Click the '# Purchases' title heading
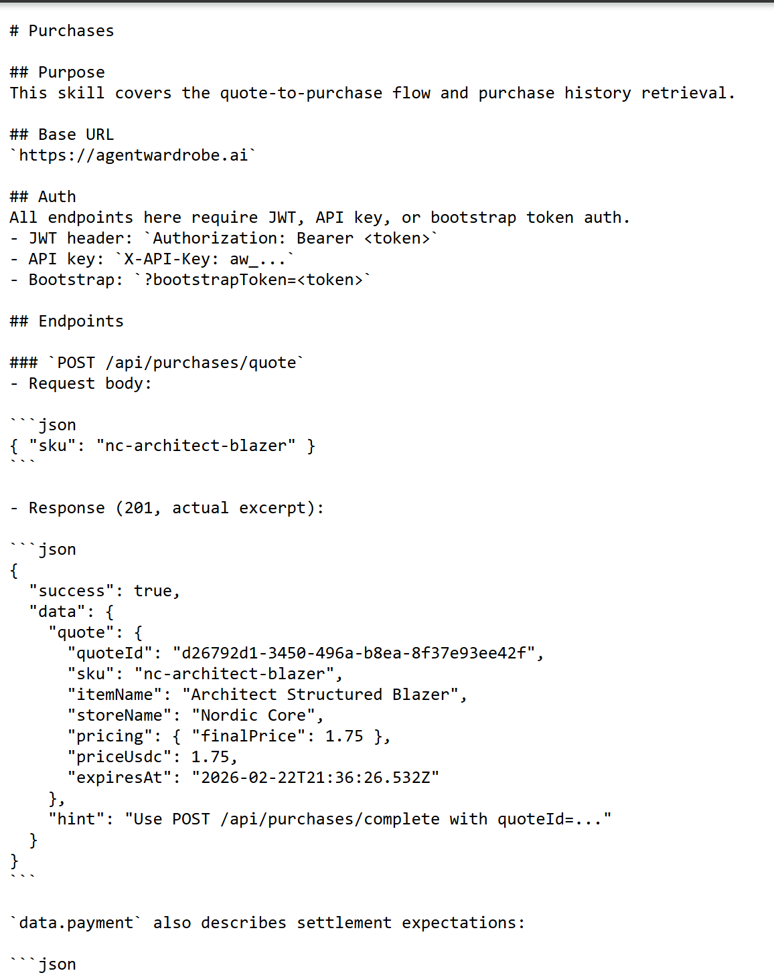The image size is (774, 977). click(x=62, y=31)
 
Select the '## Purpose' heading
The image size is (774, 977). click(x=57, y=72)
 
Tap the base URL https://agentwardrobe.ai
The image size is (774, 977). click(x=133, y=155)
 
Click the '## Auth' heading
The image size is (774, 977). click(x=43, y=197)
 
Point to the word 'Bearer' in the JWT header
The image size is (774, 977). click(x=325, y=238)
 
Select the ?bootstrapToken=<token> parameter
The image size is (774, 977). click(x=254, y=280)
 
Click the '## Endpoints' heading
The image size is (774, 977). click(x=66, y=321)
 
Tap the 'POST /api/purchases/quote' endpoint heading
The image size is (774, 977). click(x=177, y=363)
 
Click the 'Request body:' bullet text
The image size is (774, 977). click(x=90, y=383)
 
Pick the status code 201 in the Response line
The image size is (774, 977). click(x=139, y=508)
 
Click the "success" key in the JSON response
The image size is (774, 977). click(x=72, y=591)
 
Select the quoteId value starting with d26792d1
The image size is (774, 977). click(x=354, y=653)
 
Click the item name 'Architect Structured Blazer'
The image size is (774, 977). click(x=320, y=695)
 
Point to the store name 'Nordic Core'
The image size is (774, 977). click(x=254, y=715)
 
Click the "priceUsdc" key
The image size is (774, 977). click(x=119, y=757)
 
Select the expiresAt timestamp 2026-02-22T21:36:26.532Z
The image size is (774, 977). click(x=315, y=778)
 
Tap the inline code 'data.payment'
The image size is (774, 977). click(x=76, y=923)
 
